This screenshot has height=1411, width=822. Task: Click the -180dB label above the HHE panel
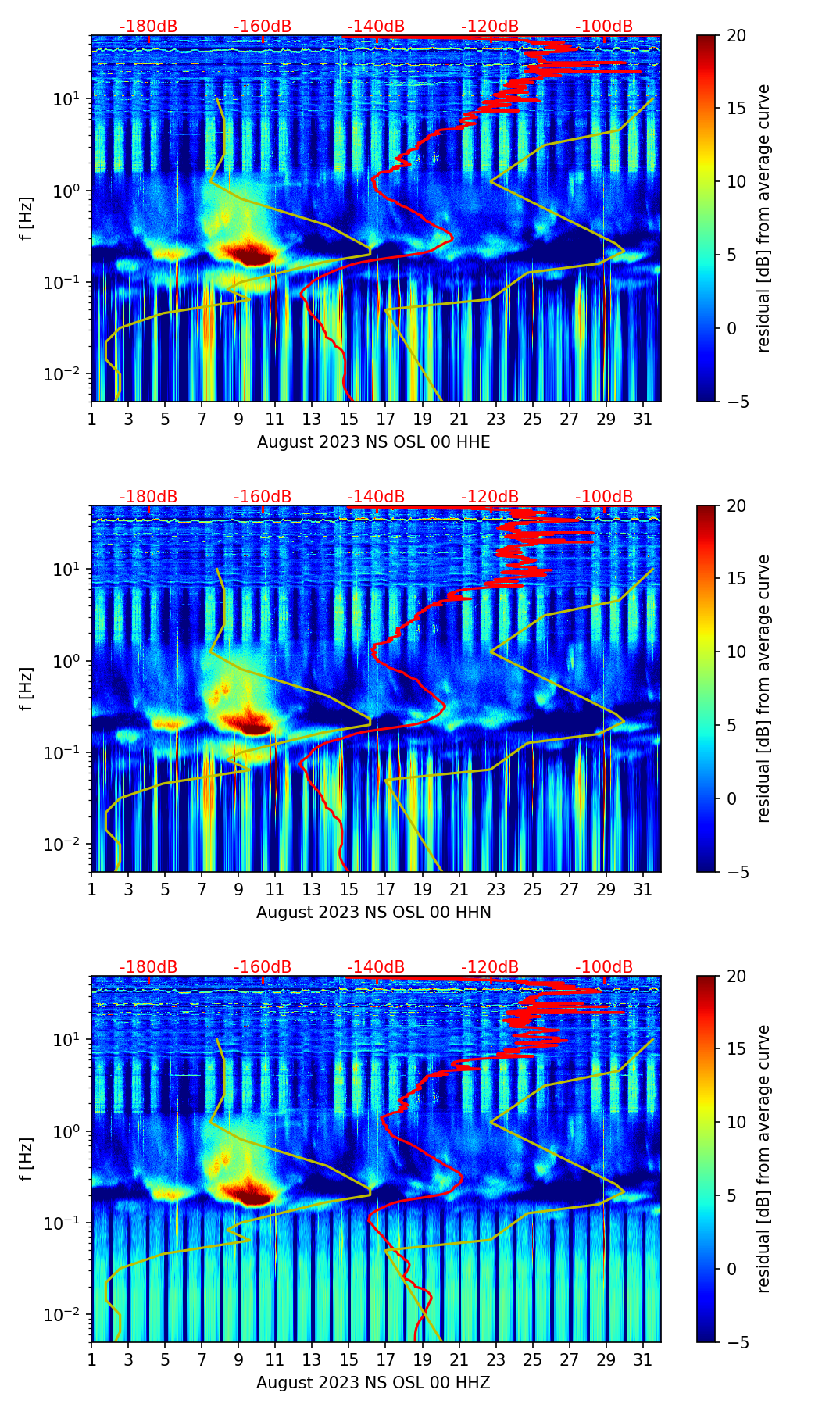[x=148, y=27]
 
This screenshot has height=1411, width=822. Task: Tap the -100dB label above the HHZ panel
[x=604, y=967]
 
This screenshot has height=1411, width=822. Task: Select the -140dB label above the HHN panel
[x=376, y=497]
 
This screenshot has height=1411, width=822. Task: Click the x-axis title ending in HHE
[x=373, y=442]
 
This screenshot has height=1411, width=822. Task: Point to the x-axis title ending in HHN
[x=373, y=913]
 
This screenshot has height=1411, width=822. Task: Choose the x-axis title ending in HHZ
[x=373, y=1383]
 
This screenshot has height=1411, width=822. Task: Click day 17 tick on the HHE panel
[x=386, y=420]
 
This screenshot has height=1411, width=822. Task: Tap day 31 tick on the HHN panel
[x=642, y=890]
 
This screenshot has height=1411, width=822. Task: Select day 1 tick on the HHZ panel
[x=92, y=1360]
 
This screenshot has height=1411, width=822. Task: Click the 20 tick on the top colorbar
[x=736, y=36]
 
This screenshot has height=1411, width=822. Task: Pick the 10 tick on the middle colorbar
[x=736, y=652]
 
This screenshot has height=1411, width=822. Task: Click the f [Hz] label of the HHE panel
[x=27, y=219]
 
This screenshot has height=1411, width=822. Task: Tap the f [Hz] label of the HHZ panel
[x=27, y=1159]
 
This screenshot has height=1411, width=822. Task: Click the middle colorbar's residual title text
[x=764, y=688]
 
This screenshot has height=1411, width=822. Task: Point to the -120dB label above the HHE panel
[x=490, y=27]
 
